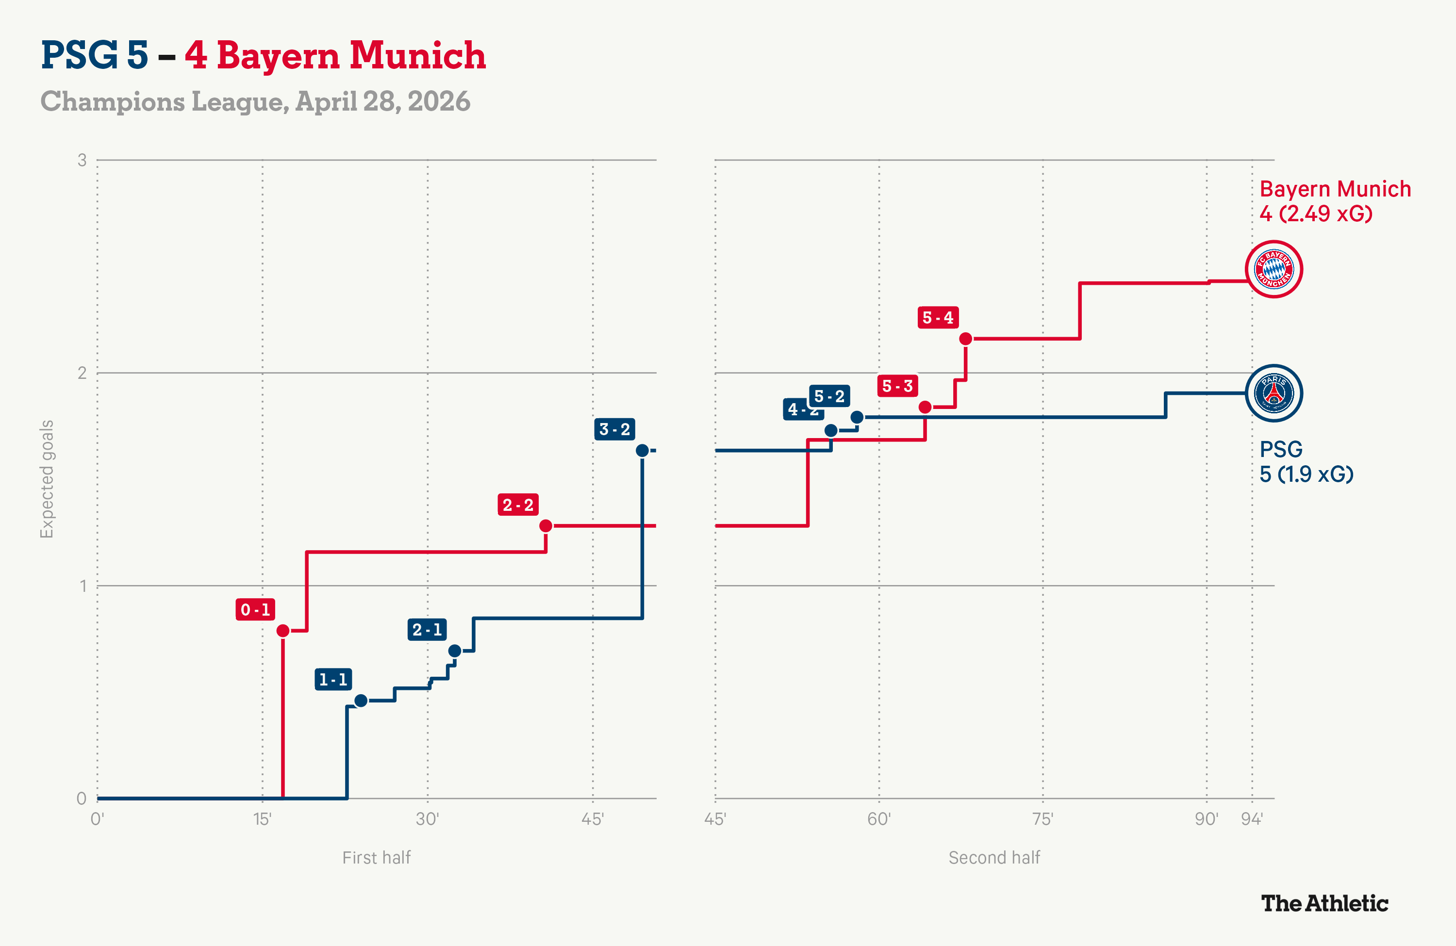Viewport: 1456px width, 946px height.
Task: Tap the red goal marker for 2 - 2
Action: (x=546, y=525)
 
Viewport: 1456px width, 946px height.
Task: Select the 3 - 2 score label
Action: (x=614, y=429)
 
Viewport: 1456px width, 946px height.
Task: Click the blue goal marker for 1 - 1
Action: (x=361, y=700)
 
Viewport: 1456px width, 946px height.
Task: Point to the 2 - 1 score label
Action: (x=427, y=629)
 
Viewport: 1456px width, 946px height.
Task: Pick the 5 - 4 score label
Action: (x=938, y=317)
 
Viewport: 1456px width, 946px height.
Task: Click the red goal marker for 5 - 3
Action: (x=925, y=407)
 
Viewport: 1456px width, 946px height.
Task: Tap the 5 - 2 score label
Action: (x=829, y=396)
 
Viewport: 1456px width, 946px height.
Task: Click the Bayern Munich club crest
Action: (x=1274, y=269)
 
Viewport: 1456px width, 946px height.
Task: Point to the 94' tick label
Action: (x=1252, y=819)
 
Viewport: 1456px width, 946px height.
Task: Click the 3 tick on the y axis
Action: (x=82, y=160)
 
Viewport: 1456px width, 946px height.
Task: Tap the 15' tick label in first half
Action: (x=263, y=819)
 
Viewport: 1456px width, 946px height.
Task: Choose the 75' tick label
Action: (x=1042, y=819)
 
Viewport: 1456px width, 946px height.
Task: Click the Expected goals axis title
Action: (x=47, y=479)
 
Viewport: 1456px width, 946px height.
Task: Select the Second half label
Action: (x=994, y=857)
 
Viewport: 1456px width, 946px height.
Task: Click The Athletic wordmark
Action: (x=1324, y=903)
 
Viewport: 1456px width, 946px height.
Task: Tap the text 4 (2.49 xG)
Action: (x=1316, y=213)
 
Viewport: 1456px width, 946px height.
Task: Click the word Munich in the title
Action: (x=418, y=55)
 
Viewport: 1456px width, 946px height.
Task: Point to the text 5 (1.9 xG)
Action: (x=1306, y=474)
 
